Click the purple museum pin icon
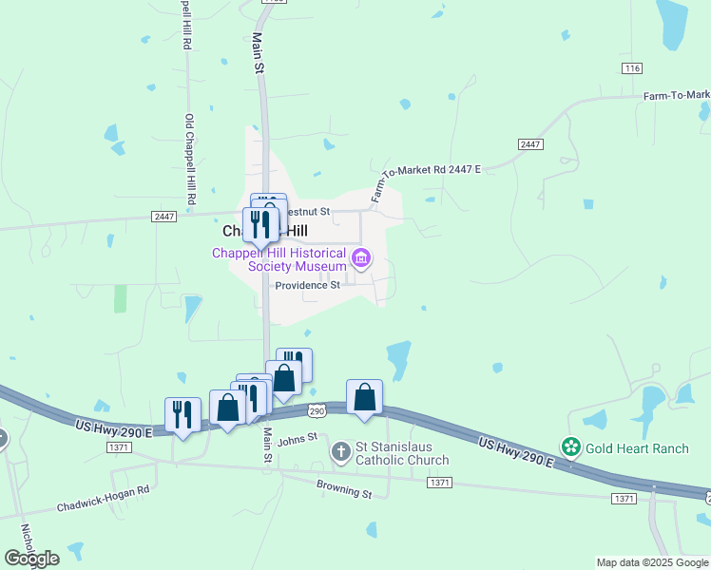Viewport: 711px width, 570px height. pos(360,257)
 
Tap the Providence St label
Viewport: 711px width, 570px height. pos(307,285)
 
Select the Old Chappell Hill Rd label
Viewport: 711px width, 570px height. pos(189,161)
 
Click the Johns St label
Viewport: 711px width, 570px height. pos(297,438)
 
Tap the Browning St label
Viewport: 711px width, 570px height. pos(344,493)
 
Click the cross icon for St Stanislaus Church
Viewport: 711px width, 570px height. pos(341,452)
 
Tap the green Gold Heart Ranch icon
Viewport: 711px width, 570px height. pos(570,446)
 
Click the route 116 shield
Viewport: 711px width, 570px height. pos(632,68)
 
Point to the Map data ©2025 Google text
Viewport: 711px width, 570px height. pos(652,562)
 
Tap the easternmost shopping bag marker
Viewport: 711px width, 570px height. pos(364,397)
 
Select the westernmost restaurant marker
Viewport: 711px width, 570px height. pos(183,414)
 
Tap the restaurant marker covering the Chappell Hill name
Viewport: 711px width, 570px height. pos(259,224)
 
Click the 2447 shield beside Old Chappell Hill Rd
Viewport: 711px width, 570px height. pos(163,217)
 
